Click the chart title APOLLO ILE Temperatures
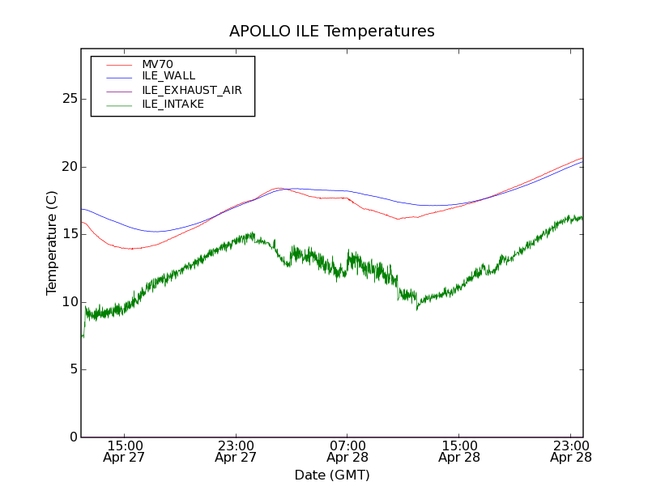pyautogui.click(x=332, y=32)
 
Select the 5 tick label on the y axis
pyautogui.click(x=71, y=369)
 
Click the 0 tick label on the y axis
pyautogui.click(x=71, y=437)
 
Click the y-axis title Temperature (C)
pyautogui.click(x=52, y=243)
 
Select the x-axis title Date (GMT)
pyautogui.click(x=332, y=475)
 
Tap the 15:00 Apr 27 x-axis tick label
pyautogui.click(x=124, y=451)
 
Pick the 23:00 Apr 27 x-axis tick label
pyautogui.click(x=236, y=451)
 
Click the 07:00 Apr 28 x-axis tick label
pyautogui.click(x=347, y=451)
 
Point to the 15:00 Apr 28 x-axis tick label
pyautogui.click(x=459, y=451)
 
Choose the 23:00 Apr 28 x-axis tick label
pyautogui.click(x=571, y=451)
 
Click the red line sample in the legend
pyautogui.click(x=119, y=64)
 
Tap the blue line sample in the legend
pyautogui.click(x=119, y=76)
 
